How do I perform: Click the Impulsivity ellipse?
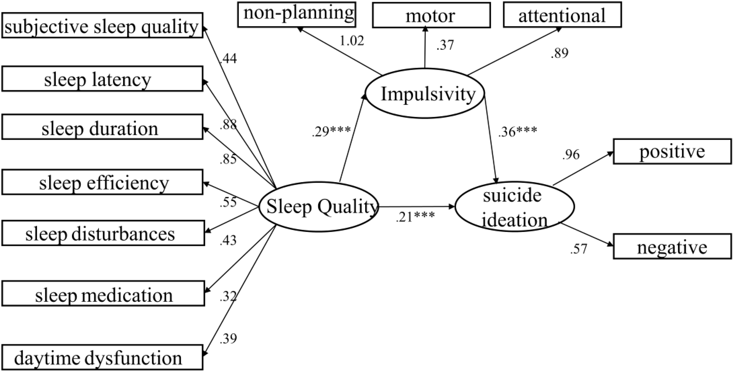(x=425, y=94)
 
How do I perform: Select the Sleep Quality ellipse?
(x=318, y=207)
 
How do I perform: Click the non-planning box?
(x=297, y=14)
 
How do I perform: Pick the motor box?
(x=431, y=15)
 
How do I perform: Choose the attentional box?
(x=562, y=15)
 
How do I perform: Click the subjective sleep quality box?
(x=102, y=25)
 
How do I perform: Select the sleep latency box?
(x=102, y=79)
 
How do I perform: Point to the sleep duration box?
(x=102, y=127)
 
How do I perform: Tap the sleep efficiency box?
(x=102, y=182)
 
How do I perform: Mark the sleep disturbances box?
(x=103, y=233)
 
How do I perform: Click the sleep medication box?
(x=103, y=293)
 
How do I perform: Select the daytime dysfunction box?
(x=102, y=357)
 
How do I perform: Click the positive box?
(x=672, y=152)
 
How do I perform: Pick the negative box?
(x=672, y=246)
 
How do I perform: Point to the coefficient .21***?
(x=415, y=217)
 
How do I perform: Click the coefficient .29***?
(x=331, y=131)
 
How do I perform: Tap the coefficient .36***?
(x=518, y=131)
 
